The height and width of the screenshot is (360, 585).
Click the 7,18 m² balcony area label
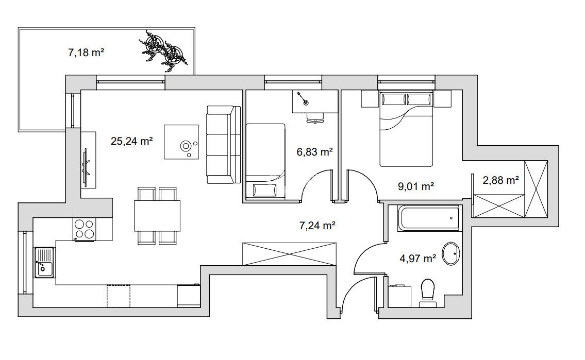pyautogui.click(x=86, y=53)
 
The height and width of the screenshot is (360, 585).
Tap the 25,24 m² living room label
pyautogui.click(x=132, y=141)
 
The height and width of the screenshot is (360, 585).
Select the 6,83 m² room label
pyautogui.click(x=314, y=152)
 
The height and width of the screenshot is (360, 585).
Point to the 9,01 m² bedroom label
pyautogui.click(x=415, y=186)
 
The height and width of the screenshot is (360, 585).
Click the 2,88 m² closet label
pyautogui.click(x=500, y=180)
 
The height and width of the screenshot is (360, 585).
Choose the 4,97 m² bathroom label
pyautogui.click(x=418, y=258)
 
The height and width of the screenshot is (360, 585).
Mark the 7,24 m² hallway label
pyautogui.click(x=317, y=225)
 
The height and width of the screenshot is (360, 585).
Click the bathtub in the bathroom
pyautogui.click(x=429, y=218)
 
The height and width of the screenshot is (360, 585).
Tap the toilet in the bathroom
pyautogui.click(x=428, y=293)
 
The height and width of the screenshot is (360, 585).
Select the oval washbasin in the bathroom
pyautogui.click(x=450, y=254)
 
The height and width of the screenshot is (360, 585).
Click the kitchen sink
pyautogui.click(x=44, y=262)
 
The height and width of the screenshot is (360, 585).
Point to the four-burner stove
pyautogui.click(x=84, y=229)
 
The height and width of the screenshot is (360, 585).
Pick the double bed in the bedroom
pyautogui.click(x=406, y=129)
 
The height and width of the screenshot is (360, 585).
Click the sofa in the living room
pyautogui.click(x=224, y=145)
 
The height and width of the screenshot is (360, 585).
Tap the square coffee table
pyautogui.click(x=181, y=142)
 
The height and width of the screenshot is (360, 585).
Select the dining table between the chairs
pyautogui.click(x=157, y=216)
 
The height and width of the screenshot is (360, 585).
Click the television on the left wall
pyautogui.click(x=86, y=163)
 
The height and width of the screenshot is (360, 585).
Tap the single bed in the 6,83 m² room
pyautogui.click(x=265, y=161)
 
